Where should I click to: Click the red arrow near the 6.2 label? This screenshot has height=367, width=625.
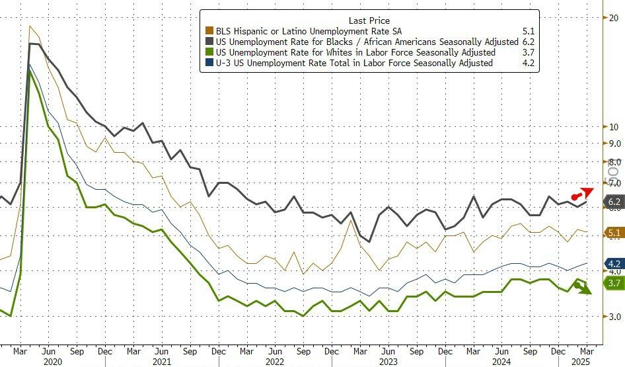tap(582, 194)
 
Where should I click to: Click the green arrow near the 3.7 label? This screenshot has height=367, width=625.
tap(583, 288)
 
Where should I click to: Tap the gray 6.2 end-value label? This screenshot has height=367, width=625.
tap(614, 202)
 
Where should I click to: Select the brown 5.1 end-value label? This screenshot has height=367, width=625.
tap(614, 233)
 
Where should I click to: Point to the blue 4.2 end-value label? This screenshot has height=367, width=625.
tap(614, 263)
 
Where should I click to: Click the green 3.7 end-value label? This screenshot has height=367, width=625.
tap(614, 283)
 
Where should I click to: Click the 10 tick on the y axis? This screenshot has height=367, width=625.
tap(612, 127)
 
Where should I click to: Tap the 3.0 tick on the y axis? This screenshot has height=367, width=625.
tap(614, 317)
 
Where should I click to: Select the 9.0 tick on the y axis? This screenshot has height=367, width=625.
tap(614, 143)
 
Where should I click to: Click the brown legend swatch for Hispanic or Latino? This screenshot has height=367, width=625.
tap(209, 31)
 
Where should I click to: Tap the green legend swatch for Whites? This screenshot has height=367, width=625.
tap(209, 52)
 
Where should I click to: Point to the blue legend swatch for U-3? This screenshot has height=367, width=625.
tap(209, 63)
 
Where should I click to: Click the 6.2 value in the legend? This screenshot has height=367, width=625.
tap(528, 42)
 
